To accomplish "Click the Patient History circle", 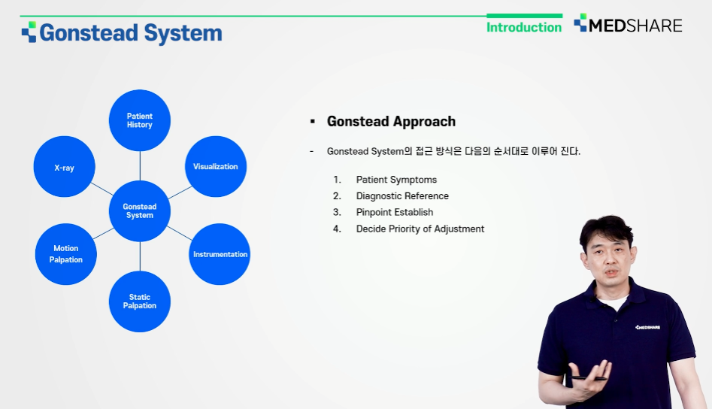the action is (x=140, y=120).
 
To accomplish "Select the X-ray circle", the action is (x=65, y=167).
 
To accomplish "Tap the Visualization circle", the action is (x=216, y=167).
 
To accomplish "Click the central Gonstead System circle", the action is (x=140, y=211).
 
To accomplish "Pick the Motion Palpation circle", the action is (x=66, y=254).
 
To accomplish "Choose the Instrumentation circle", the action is (x=220, y=254).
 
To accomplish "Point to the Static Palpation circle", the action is (x=140, y=301).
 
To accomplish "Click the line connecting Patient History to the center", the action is (x=140, y=165).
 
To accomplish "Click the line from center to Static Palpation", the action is (x=140, y=256).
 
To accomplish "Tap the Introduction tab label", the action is (x=524, y=27).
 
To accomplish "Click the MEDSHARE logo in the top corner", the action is (x=628, y=24).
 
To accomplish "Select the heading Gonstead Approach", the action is (x=391, y=122).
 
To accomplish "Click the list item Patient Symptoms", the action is (x=396, y=180).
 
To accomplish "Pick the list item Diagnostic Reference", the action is (x=402, y=196).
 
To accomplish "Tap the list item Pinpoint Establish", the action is (x=395, y=213).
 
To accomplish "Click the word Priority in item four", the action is (x=404, y=229).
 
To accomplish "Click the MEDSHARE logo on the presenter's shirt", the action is (x=647, y=327).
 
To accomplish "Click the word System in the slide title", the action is (x=183, y=33).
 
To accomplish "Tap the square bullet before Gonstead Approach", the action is (x=313, y=122).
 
